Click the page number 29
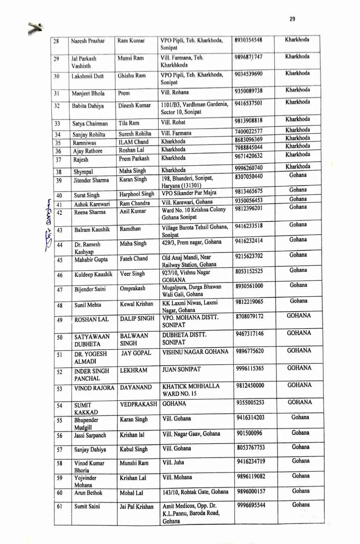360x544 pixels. (x=292, y=19)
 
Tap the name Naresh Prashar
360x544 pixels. (x=88, y=41)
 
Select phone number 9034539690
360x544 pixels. (x=248, y=74)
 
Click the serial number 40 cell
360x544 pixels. (x=59, y=195)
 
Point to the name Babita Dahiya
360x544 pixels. (x=88, y=106)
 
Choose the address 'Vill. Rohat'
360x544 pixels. (x=173, y=122)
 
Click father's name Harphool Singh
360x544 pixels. (x=136, y=194)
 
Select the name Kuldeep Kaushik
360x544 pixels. (x=93, y=274)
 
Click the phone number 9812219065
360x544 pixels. (x=249, y=302)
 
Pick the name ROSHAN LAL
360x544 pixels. (x=91, y=319)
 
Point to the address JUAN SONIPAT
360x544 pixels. (x=181, y=369)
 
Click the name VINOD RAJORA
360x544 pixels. (x=94, y=388)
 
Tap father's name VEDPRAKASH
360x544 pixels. (x=138, y=404)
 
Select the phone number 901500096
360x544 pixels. (x=249, y=433)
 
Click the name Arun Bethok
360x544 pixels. (x=88, y=493)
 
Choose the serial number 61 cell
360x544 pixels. (x=59, y=506)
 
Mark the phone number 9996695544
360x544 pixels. (x=251, y=505)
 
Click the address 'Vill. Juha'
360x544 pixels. (x=173, y=462)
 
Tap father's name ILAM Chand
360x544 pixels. (x=133, y=142)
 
